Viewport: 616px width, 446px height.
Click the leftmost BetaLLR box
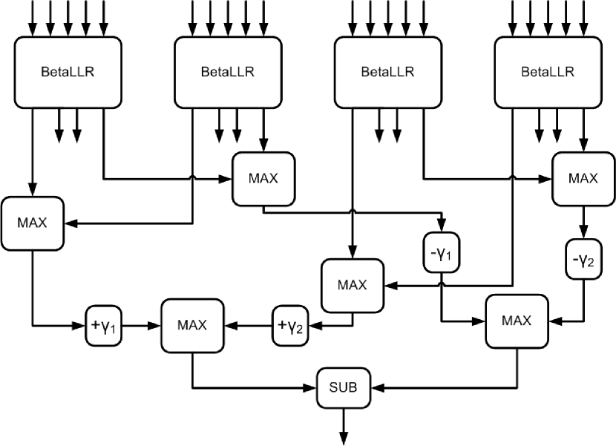[x=68, y=72]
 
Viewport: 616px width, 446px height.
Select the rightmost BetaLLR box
[x=548, y=72]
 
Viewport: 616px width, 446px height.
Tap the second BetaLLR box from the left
[x=229, y=72]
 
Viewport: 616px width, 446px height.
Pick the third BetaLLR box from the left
[x=388, y=72]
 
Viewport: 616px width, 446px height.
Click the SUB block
[x=344, y=388]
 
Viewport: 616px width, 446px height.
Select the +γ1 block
[x=104, y=325]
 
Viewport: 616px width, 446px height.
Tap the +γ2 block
[x=290, y=325]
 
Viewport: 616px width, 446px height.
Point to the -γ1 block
[x=442, y=252]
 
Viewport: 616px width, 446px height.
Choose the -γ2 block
[x=583, y=259]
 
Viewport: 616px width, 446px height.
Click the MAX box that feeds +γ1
[x=33, y=223]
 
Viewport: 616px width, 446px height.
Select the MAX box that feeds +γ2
[x=353, y=286]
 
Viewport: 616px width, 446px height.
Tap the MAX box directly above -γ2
[x=583, y=179]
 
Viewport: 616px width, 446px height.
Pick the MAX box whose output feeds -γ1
[x=263, y=179]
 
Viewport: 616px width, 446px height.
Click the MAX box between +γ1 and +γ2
[x=192, y=326]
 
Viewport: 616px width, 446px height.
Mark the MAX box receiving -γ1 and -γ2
[x=517, y=321]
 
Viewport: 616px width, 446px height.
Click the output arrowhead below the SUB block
[x=344, y=439]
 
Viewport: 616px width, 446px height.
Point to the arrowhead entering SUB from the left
[x=310, y=388]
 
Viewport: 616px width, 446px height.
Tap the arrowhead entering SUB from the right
[x=377, y=388]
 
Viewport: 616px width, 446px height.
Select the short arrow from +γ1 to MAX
[x=142, y=325]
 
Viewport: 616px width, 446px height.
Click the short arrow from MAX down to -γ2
[x=583, y=223]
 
